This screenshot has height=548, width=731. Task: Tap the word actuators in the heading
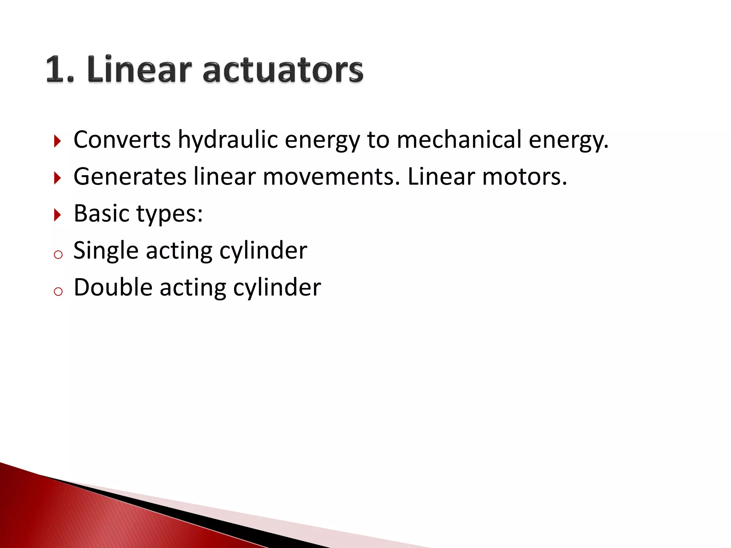pos(283,70)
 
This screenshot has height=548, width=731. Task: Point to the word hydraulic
pos(228,139)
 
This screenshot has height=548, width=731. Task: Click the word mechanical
pos(459,139)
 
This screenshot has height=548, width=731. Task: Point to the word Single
pos(106,250)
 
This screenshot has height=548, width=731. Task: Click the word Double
pos(113,287)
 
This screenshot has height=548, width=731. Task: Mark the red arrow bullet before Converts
pos(57,141)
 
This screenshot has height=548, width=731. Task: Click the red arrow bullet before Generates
pos(57,178)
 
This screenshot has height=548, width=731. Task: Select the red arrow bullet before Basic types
pos(57,215)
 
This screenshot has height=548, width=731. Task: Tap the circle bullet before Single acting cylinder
pos(58,255)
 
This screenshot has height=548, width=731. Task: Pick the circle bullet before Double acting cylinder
pos(58,291)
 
